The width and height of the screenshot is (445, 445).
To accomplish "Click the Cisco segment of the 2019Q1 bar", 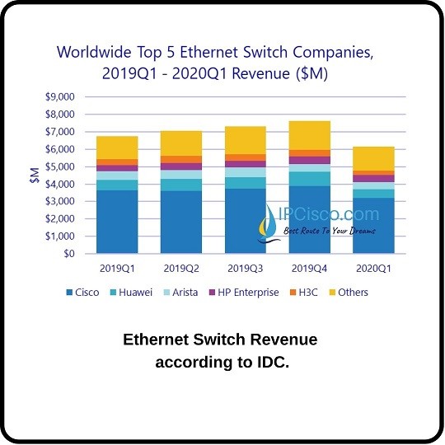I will pos(117,222).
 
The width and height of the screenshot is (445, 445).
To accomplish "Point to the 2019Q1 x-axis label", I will pos(117,268).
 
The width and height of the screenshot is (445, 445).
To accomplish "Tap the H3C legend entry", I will pos(307,293).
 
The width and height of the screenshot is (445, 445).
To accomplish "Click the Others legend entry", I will pos(354,293).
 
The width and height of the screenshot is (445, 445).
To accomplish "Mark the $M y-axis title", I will pos(35,175).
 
